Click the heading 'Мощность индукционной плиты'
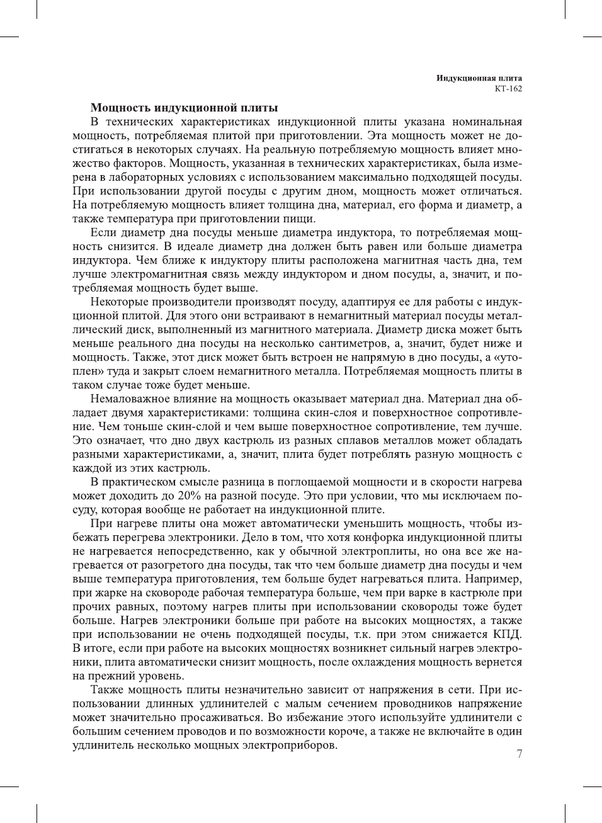click(184, 108)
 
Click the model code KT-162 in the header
click(508, 89)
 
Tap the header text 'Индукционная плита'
click(479, 78)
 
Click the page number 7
click(519, 754)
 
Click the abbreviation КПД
click(508, 634)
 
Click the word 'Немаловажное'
click(130, 399)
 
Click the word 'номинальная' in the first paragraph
click(487, 122)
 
